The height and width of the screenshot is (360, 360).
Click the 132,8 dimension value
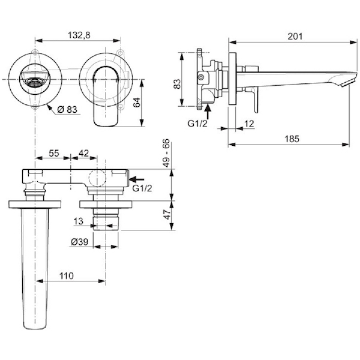click(79, 35)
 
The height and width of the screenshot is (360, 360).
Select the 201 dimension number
click(295, 36)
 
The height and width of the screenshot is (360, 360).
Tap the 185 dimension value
click(292, 139)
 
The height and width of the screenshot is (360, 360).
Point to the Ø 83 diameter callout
click(67, 109)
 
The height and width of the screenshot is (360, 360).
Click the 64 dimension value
click(137, 103)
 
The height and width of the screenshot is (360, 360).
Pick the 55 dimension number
click(54, 153)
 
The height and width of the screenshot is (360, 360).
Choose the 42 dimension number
click(83, 153)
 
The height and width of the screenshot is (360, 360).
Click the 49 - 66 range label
click(167, 152)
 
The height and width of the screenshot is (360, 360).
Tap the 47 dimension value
click(167, 214)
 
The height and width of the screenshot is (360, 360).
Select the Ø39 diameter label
click(79, 242)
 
